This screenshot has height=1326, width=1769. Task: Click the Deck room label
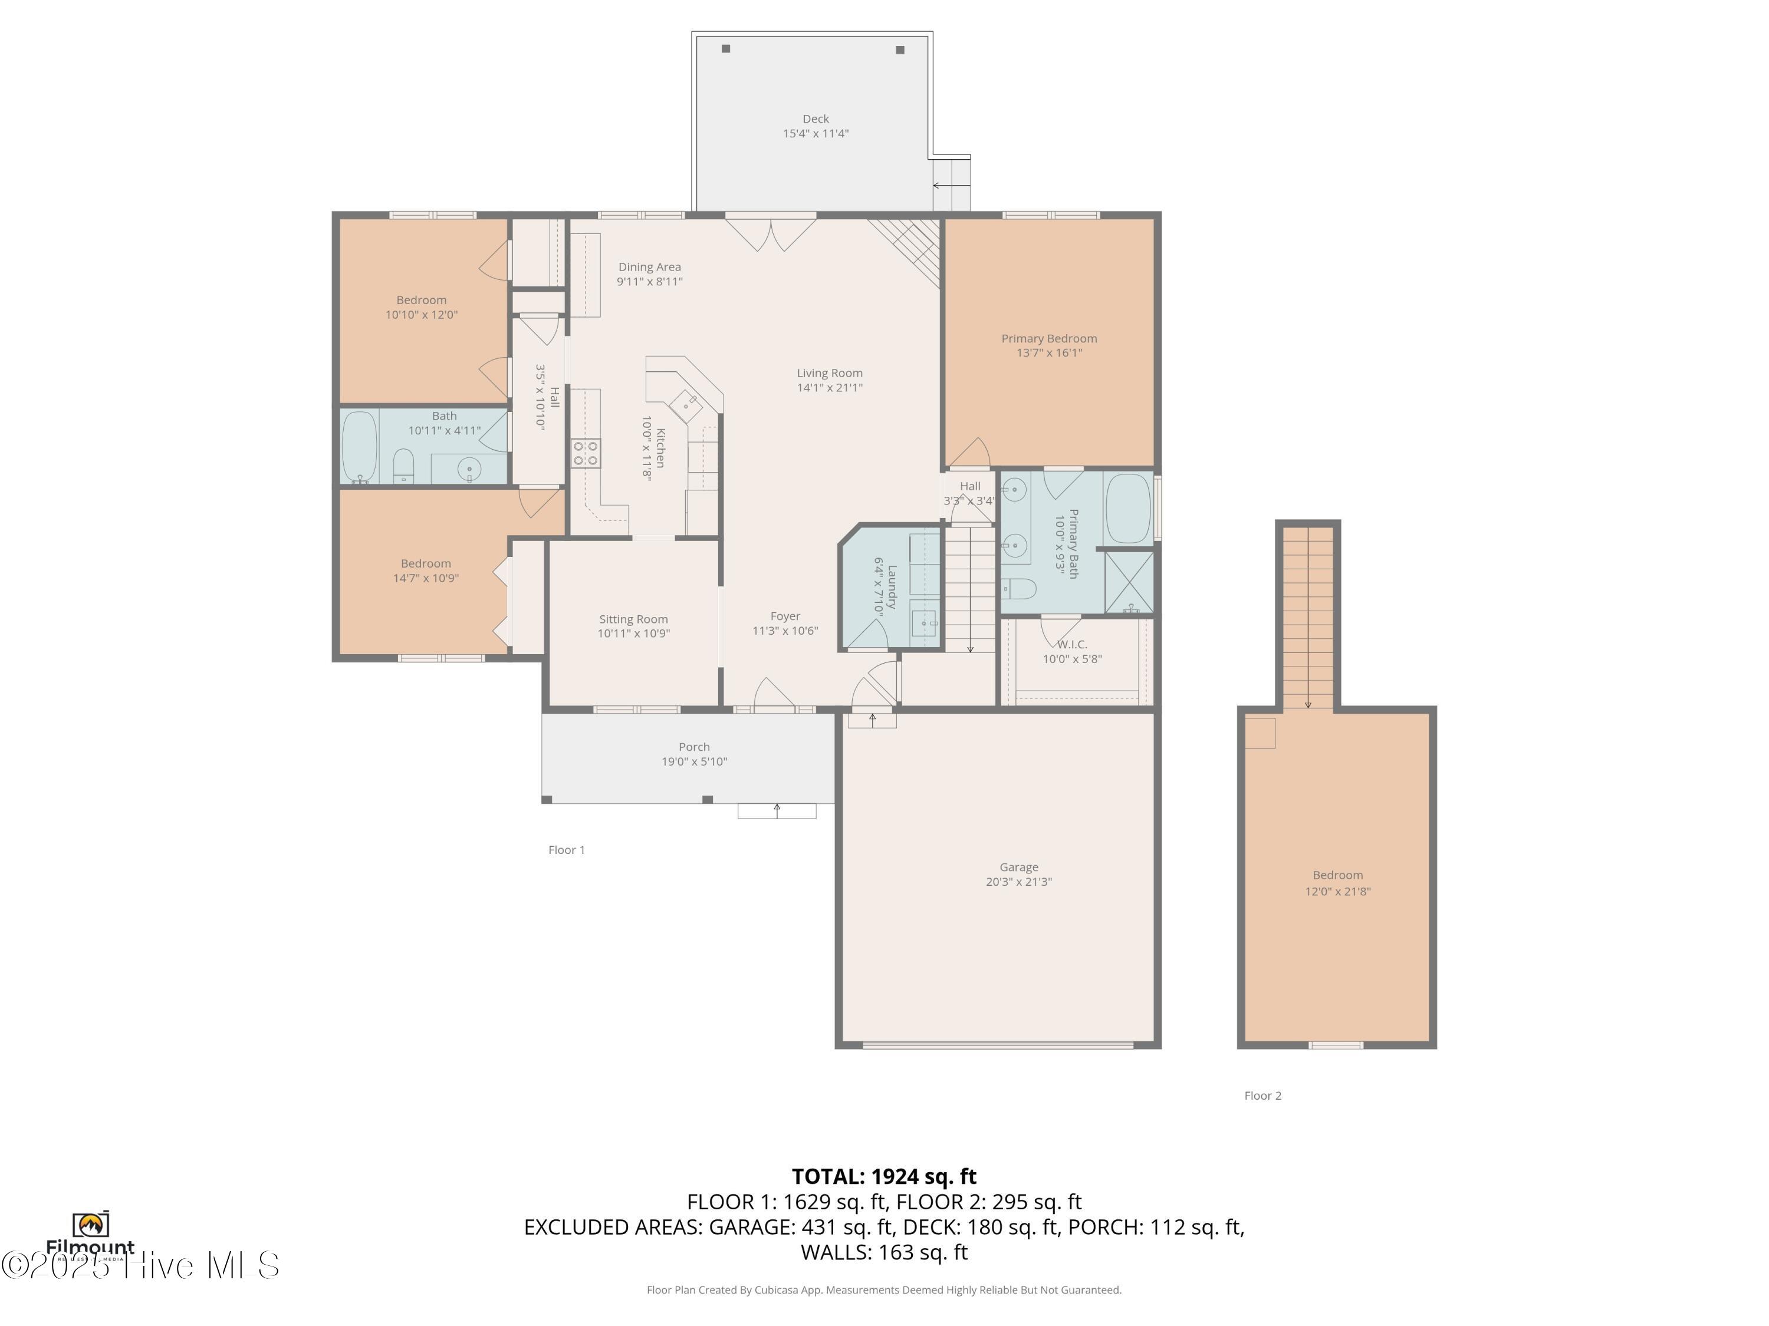coord(815,119)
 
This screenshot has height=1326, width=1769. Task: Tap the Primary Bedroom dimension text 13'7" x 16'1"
coord(1048,352)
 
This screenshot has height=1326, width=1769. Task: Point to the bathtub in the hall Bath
coord(359,446)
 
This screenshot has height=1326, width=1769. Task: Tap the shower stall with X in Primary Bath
coord(1129,582)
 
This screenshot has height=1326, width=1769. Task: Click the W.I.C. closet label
coord(1071,644)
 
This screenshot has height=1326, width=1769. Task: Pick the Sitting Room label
coord(633,619)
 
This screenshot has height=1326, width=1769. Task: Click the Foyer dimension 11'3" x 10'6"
coord(784,631)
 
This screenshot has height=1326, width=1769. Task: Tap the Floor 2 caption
coord(1262,1096)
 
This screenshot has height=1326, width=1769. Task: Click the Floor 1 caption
coord(566,850)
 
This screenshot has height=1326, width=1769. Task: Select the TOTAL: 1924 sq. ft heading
coord(884,1176)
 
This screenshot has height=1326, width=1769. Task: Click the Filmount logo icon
coord(90,1223)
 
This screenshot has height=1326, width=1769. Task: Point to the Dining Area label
coord(649,267)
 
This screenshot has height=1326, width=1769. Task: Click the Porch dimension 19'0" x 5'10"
coord(693,761)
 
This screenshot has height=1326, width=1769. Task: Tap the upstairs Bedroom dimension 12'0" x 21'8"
coord(1337,891)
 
